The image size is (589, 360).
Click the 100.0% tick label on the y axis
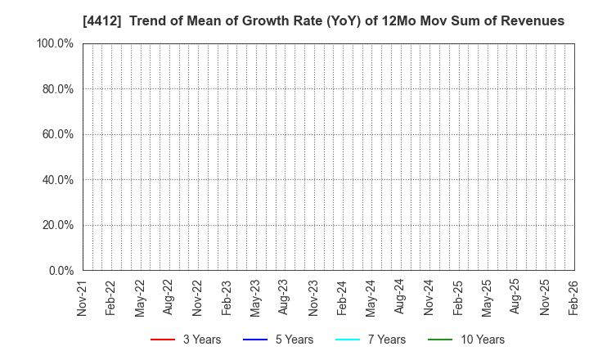pyautogui.click(x=55, y=43)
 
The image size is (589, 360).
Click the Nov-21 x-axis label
pyautogui.click(x=82, y=298)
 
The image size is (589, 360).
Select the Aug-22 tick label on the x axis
pyautogui.click(x=169, y=298)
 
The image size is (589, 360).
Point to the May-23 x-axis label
pyautogui.click(x=255, y=298)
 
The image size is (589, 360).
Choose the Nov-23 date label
pyautogui.click(x=313, y=298)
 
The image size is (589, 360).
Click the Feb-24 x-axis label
pyautogui.click(x=343, y=298)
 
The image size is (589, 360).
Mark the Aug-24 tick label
pyautogui.click(x=400, y=298)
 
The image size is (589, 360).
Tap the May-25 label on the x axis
pyautogui.click(x=487, y=298)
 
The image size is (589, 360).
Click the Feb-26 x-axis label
pyautogui.click(x=574, y=298)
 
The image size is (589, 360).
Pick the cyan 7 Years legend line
pyautogui.click(x=348, y=340)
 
